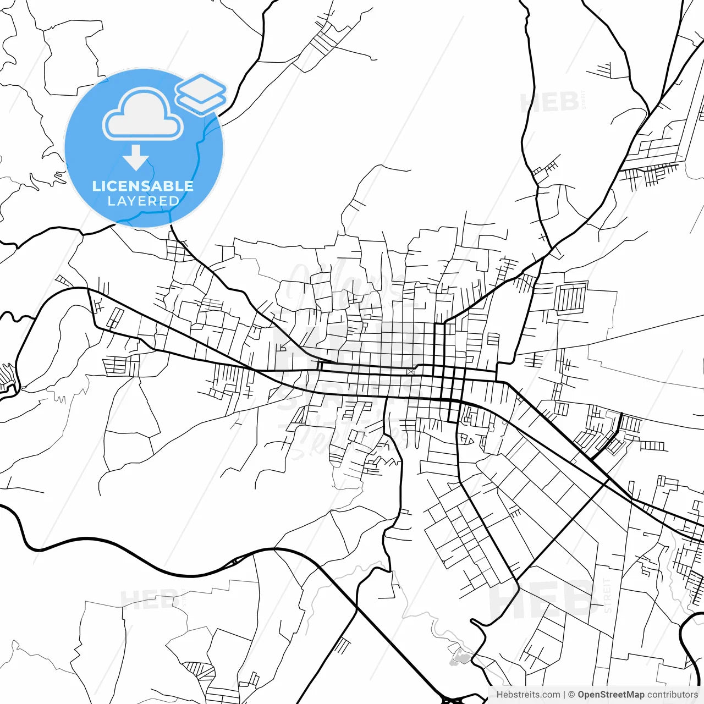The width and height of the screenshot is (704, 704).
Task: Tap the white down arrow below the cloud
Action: click(x=136, y=157)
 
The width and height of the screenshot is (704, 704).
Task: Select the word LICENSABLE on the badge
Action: click(x=143, y=186)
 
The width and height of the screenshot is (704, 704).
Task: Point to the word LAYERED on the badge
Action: click(x=143, y=201)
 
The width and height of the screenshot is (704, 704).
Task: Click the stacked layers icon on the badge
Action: click(x=201, y=94)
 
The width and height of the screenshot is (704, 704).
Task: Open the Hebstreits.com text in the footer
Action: click(x=528, y=695)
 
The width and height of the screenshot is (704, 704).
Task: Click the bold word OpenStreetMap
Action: click(x=610, y=695)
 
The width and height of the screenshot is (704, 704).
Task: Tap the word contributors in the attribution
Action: click(x=672, y=695)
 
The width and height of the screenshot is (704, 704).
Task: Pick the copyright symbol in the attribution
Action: click(x=571, y=695)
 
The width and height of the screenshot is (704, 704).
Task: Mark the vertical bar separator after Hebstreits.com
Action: click(x=564, y=695)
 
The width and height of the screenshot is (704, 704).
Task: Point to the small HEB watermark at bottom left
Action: click(x=148, y=599)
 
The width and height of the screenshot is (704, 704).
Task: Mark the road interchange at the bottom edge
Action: click(x=452, y=700)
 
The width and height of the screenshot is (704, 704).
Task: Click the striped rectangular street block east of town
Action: click(x=570, y=297)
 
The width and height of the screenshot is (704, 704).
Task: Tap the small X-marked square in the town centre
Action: click(x=410, y=371)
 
